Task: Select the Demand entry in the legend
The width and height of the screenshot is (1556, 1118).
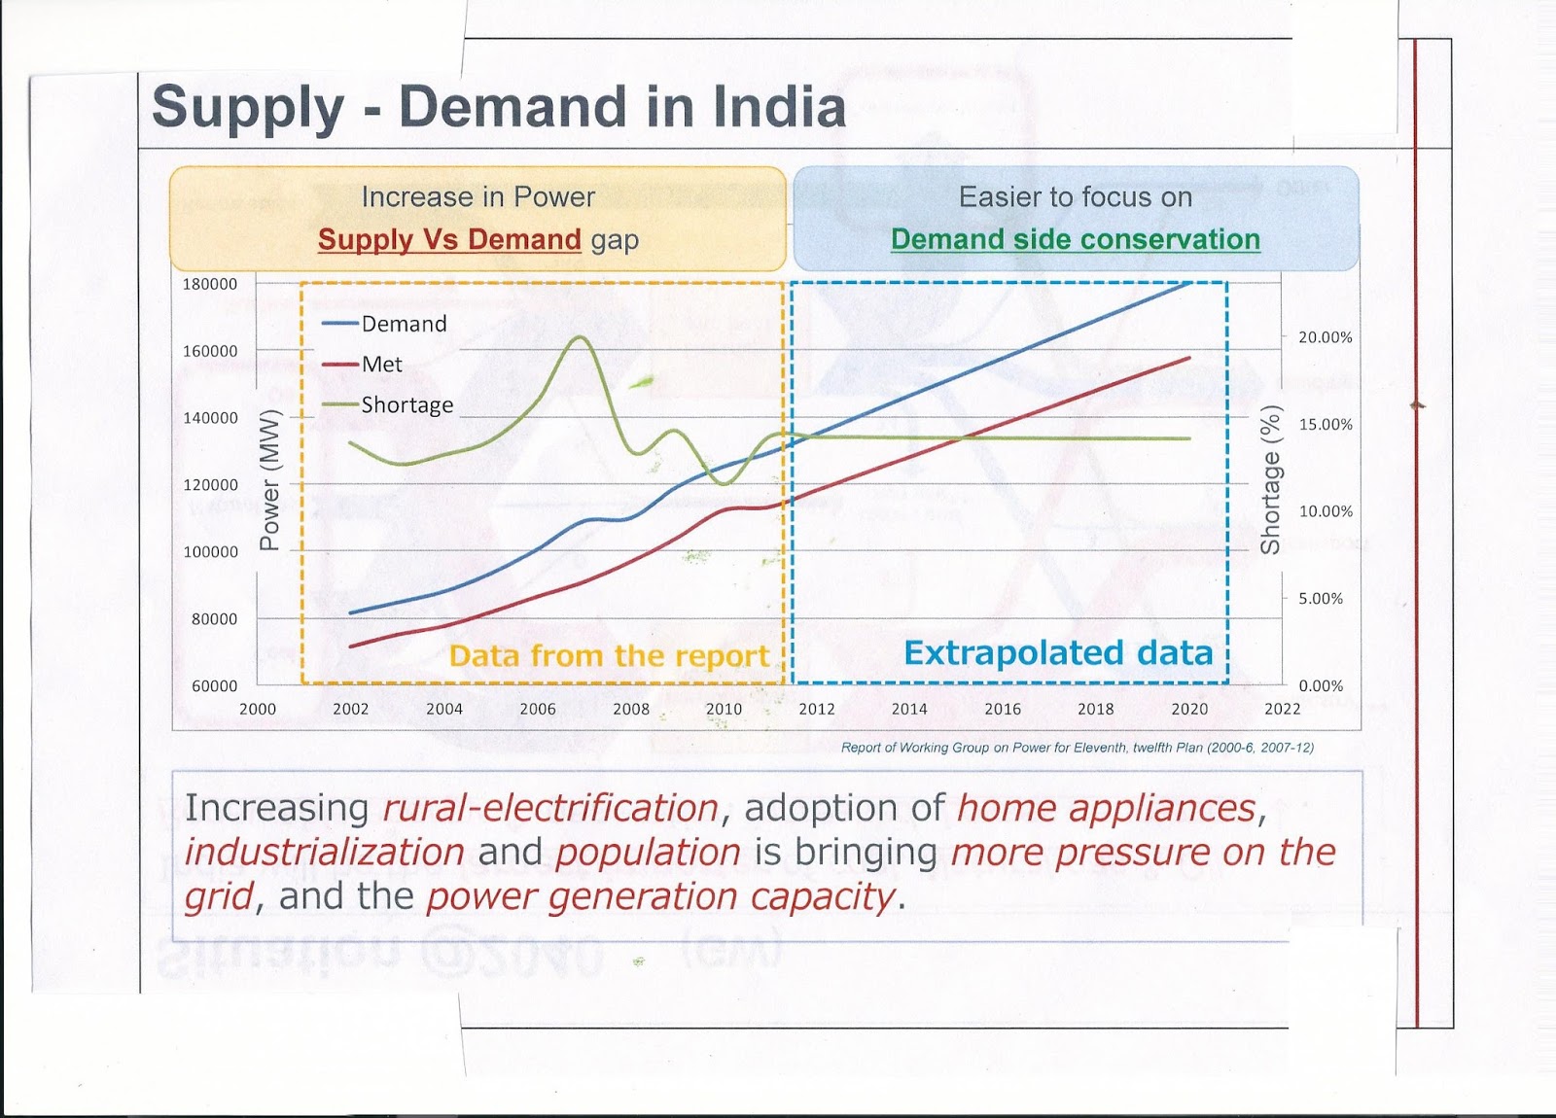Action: pos(403,324)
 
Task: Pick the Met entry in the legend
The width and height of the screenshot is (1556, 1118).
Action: pos(381,365)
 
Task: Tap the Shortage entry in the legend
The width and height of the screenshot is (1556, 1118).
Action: pos(407,404)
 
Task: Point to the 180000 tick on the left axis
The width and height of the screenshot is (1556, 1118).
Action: pos(210,284)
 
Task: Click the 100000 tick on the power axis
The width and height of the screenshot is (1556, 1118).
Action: pos(210,551)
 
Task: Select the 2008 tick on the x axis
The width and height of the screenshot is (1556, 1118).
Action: pos(630,709)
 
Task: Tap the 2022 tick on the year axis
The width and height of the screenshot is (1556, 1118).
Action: pos(1282,709)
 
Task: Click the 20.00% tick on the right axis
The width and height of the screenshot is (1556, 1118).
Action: pos(1326,337)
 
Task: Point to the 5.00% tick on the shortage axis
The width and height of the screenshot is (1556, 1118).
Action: pos(1321,599)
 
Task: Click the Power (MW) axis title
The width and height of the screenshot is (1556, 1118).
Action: pos(269,479)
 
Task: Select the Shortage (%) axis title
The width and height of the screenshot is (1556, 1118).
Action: pos(1269,479)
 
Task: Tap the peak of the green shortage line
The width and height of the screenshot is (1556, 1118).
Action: pos(580,337)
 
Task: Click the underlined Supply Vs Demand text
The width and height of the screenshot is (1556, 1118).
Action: pos(449,239)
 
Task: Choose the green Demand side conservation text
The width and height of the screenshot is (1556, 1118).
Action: pos(1075,239)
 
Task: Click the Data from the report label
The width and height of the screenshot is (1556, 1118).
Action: pos(609,656)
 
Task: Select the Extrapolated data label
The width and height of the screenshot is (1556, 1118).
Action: pos(1058,652)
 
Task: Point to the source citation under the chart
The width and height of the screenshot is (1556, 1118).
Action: pos(1077,748)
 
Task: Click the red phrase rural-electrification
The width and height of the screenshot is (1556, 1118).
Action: pos(550,808)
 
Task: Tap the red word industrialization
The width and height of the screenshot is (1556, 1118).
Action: pos(324,852)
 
